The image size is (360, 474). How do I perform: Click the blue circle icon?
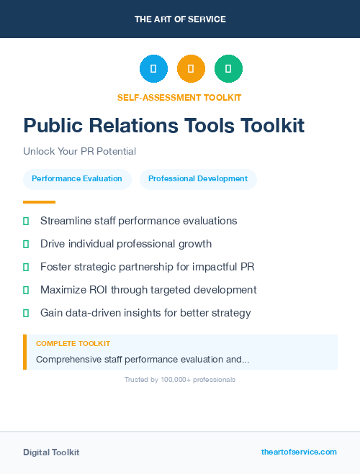click(x=153, y=69)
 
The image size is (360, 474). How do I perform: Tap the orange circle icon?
click(x=191, y=69)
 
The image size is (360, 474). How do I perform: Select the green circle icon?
click(x=228, y=69)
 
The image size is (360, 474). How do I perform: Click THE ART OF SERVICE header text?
click(x=180, y=19)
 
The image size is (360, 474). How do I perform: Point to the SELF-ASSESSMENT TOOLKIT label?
click(x=179, y=97)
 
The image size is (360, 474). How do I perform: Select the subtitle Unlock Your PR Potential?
click(x=79, y=152)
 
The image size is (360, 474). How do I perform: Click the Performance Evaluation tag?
click(x=77, y=178)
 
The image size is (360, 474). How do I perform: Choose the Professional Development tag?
click(x=198, y=178)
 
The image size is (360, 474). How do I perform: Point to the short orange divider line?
click(x=39, y=202)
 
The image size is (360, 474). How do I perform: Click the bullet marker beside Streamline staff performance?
click(x=26, y=221)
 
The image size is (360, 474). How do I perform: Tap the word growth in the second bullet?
click(x=196, y=244)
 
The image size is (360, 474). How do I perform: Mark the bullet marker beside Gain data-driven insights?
click(x=26, y=313)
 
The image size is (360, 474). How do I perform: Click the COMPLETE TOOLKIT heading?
click(x=73, y=344)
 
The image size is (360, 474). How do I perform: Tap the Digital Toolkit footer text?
click(x=51, y=452)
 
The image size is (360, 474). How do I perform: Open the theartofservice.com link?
click(x=299, y=452)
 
